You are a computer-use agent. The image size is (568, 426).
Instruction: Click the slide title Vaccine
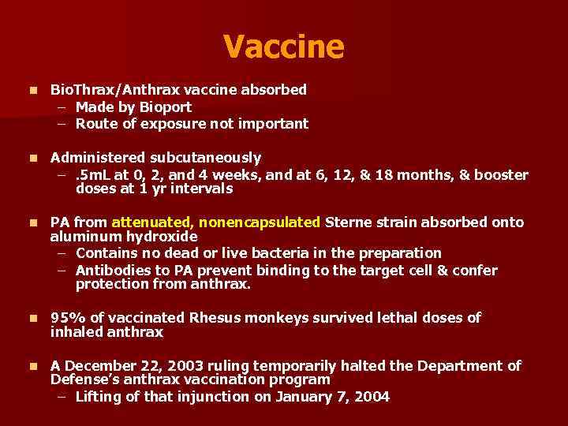283,47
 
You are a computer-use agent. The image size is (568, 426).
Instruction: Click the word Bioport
165,106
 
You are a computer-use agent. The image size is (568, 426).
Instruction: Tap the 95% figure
65,318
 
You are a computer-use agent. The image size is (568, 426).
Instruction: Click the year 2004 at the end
373,397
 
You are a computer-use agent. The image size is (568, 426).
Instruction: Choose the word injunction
219,397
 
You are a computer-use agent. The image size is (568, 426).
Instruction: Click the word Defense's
81,379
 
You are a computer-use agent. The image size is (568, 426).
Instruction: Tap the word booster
502,174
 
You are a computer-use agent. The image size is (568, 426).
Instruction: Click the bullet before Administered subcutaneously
31,159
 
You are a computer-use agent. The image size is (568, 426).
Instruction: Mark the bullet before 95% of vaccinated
31,319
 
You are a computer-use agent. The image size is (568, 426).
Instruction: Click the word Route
94,123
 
